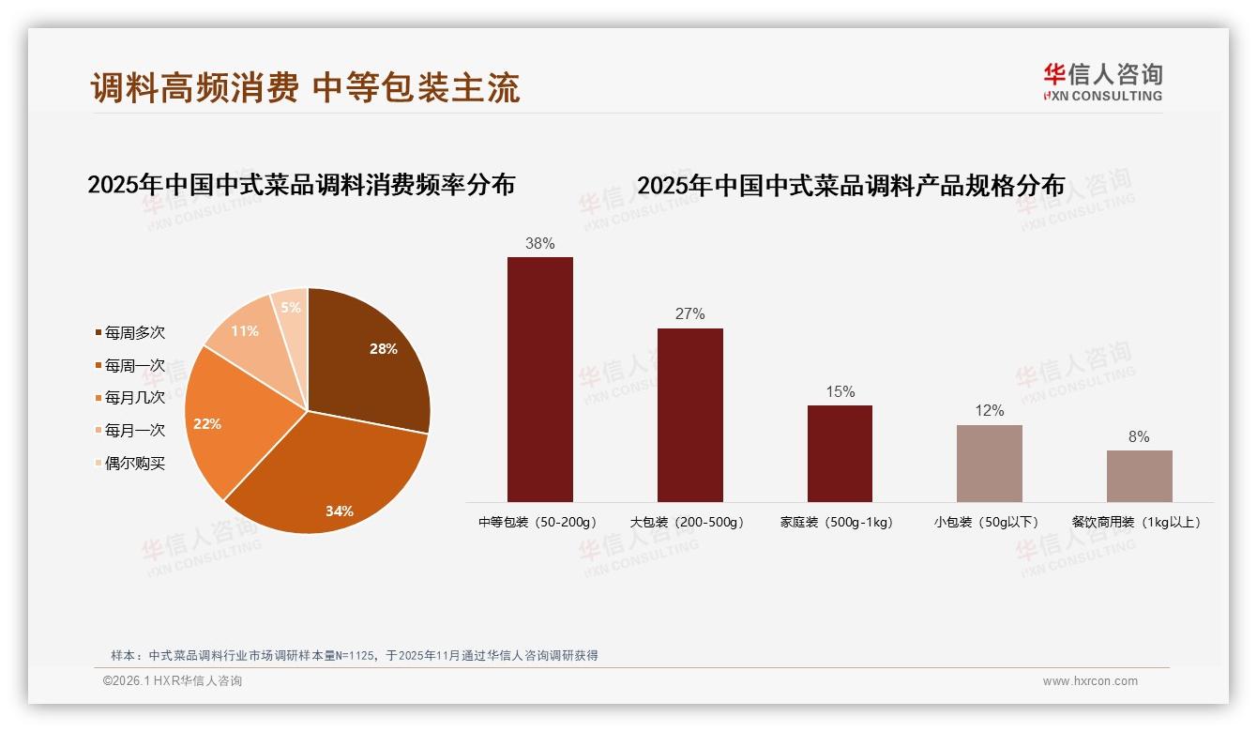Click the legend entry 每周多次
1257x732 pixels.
[134, 332]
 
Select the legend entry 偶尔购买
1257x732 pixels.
[134, 464]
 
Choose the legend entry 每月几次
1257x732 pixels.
[134, 398]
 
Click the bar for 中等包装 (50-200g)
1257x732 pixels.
[539, 379]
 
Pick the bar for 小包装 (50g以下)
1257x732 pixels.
[989, 464]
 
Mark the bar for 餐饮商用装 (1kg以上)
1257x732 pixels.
[1139, 476]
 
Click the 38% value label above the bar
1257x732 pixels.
[539, 243]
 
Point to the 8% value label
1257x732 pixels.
[1139, 436]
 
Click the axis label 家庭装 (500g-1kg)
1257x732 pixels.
[836, 522]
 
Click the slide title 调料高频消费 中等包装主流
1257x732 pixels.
[305, 87]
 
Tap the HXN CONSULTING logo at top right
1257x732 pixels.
[1102, 82]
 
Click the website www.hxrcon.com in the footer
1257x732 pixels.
[1090, 681]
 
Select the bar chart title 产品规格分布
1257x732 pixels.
[851, 186]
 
